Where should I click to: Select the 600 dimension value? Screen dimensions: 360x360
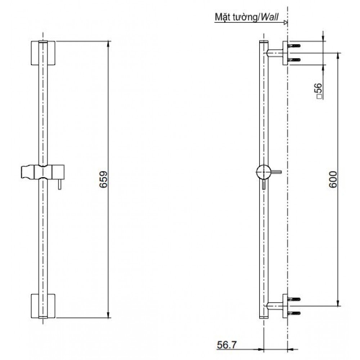point(333,179)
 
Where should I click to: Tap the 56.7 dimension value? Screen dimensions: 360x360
point(227,345)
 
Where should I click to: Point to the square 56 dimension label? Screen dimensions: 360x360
point(319,91)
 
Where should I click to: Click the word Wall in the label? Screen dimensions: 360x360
point(270,17)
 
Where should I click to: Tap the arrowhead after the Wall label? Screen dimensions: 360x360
point(285,22)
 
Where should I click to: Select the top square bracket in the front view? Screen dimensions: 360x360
point(43,53)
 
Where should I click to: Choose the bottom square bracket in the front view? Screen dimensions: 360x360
point(43,306)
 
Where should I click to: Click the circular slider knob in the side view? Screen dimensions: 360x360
point(264,172)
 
